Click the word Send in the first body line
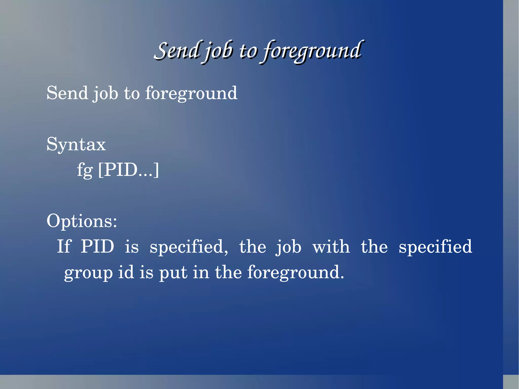[67, 93]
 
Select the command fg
[85, 170]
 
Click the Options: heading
[82, 221]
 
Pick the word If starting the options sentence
[64, 246]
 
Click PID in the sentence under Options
[98, 246]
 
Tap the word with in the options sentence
[331, 246]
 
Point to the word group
[88, 273]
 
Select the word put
[173, 273]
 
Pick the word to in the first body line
[132, 93]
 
